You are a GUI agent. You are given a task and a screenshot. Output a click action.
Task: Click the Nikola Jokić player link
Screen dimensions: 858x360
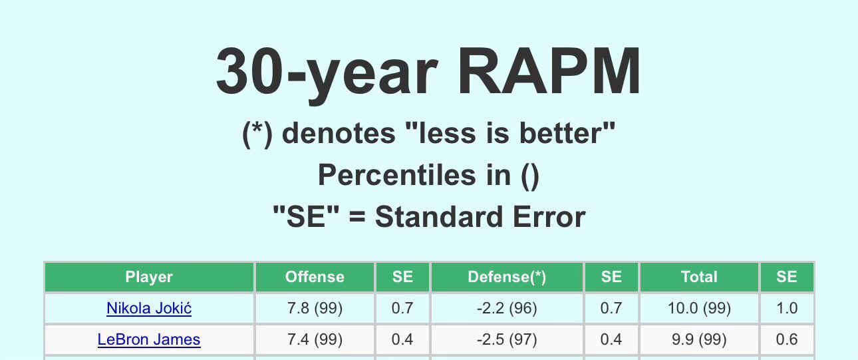click(x=149, y=308)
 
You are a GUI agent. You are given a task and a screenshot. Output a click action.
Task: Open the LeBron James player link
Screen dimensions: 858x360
click(x=149, y=339)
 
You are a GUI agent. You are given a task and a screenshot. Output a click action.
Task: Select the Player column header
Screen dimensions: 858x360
click(x=149, y=277)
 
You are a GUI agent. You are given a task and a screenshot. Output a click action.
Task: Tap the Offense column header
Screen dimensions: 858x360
click(x=315, y=277)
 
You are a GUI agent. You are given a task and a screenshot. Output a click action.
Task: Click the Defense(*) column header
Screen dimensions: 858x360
click(x=507, y=277)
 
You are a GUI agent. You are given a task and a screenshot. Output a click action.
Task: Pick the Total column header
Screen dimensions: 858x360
click(x=699, y=277)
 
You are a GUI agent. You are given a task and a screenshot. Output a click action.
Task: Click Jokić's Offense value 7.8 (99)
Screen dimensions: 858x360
click(x=315, y=308)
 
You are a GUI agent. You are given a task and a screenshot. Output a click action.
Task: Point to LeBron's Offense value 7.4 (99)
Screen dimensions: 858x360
click(x=315, y=339)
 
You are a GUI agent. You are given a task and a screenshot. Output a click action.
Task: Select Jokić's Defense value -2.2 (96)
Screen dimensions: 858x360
click(x=507, y=308)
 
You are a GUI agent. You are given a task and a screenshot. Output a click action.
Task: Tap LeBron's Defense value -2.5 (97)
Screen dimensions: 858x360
click(x=507, y=339)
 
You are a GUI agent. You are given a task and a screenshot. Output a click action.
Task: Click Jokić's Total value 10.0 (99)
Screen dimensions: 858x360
click(x=699, y=308)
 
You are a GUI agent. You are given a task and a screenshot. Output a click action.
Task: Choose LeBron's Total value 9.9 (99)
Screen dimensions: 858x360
click(x=699, y=339)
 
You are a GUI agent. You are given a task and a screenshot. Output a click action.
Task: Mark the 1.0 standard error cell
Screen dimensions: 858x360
click(x=787, y=308)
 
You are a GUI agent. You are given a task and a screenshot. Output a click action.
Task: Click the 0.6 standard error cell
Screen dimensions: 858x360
click(x=787, y=339)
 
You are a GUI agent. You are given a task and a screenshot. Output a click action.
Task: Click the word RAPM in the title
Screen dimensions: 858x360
click(x=549, y=71)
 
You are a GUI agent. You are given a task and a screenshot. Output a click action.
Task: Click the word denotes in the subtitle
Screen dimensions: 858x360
click(x=339, y=133)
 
